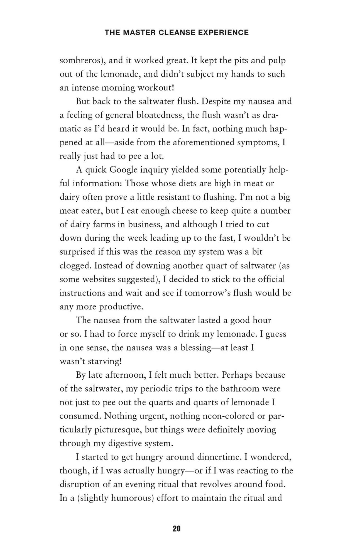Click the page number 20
point(177,529)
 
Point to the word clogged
point(75,265)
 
